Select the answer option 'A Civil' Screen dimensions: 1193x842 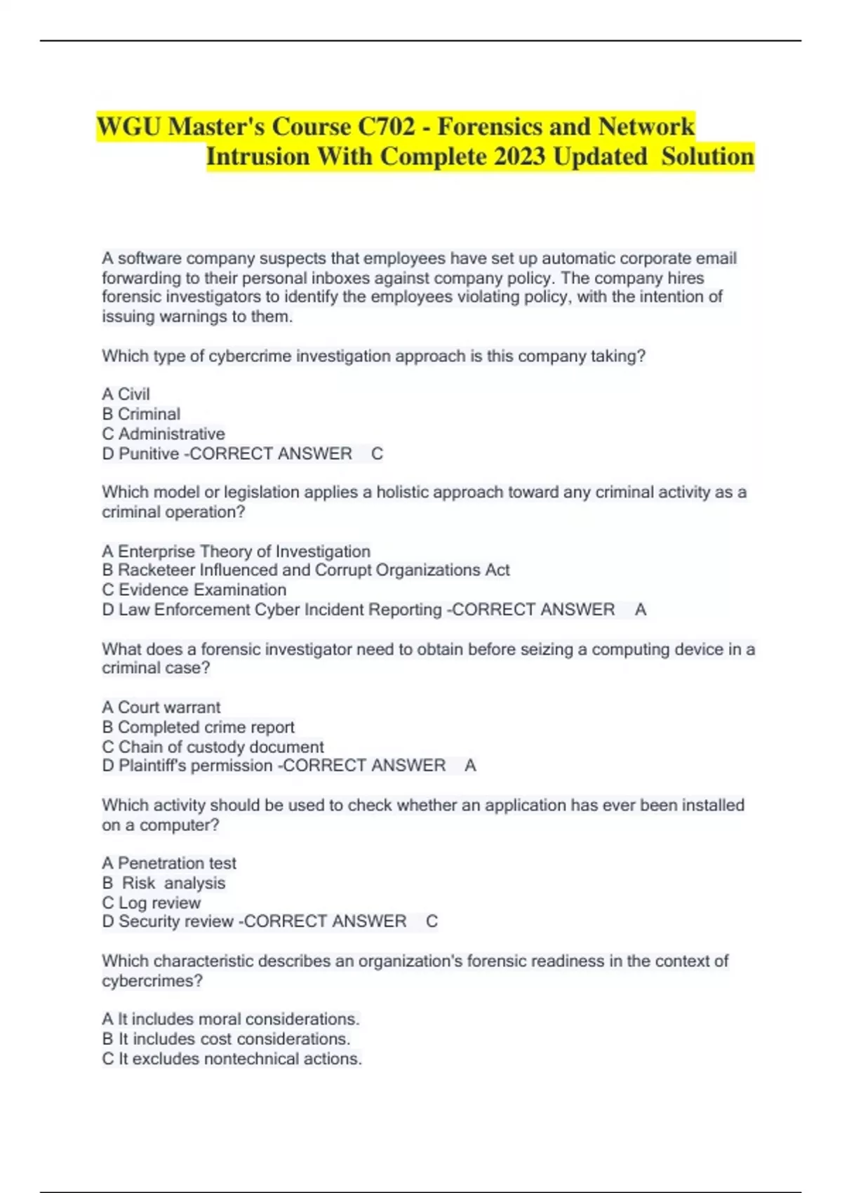126,394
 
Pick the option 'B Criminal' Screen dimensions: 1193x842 141,414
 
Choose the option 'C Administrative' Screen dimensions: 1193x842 163,434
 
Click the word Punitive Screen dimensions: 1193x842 149,454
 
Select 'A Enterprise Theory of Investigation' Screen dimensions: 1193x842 236,552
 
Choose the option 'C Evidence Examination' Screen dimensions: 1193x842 194,590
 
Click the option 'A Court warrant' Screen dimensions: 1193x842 161,707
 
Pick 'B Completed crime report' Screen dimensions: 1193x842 198,727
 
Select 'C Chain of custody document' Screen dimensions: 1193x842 213,747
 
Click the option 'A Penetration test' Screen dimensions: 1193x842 169,863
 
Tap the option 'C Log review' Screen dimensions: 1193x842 152,903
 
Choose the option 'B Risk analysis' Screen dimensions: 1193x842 164,883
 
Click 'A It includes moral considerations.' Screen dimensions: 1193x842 230,1019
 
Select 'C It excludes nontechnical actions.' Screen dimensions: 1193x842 232,1059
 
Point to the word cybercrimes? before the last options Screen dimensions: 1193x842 152,981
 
